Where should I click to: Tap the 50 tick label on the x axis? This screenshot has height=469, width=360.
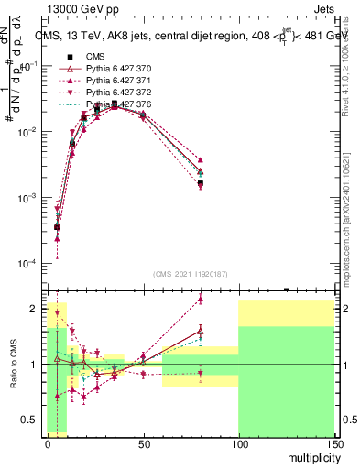tap(143, 442)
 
